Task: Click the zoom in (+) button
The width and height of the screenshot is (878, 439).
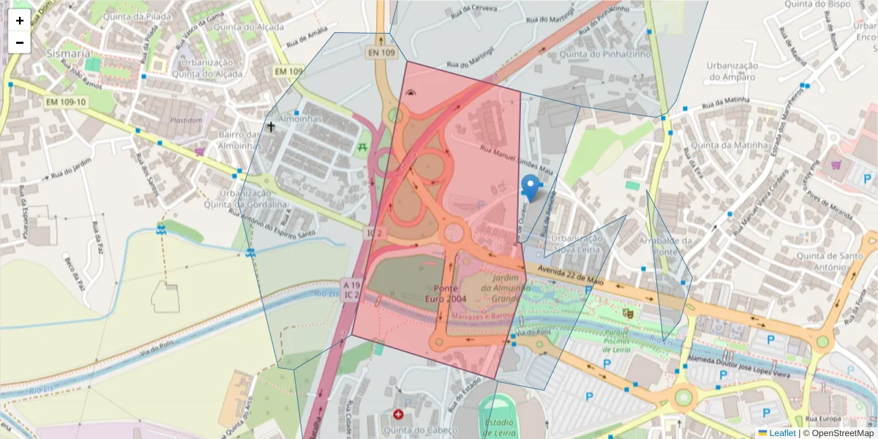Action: coord(20,20)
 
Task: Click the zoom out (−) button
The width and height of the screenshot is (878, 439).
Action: coord(20,42)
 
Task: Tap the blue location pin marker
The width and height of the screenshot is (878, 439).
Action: coord(530,187)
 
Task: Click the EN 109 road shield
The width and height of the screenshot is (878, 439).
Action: coord(381,53)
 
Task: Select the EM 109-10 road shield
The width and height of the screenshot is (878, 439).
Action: coord(65,102)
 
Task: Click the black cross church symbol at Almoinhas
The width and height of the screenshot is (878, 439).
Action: coord(271,127)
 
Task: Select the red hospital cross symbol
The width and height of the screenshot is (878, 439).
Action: coord(398,414)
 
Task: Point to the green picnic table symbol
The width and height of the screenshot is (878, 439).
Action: coord(363,148)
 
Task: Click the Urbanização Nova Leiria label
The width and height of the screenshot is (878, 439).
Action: coord(577,244)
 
